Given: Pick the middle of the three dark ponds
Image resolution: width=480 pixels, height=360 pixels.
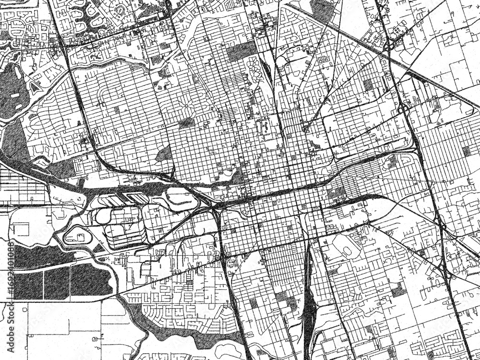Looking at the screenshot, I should pos(57,283).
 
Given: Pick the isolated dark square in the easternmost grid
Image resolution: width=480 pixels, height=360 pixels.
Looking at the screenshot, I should pos(466,151).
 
